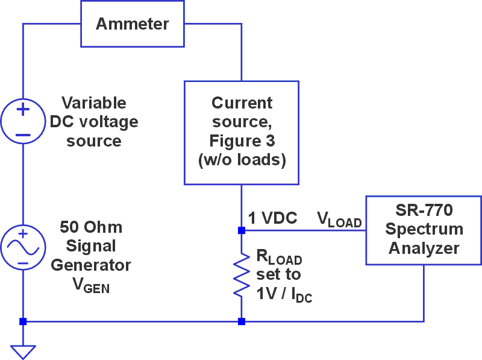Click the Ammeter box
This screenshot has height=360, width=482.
(132, 24)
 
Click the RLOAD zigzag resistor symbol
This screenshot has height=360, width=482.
(242, 274)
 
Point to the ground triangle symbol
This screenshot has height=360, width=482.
(23, 350)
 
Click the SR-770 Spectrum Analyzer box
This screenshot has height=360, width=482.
(424, 230)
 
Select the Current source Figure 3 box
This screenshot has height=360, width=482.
(242, 133)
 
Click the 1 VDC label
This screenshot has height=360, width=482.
(272, 218)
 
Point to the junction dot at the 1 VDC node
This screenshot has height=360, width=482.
(242, 230)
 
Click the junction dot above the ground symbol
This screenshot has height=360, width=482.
(23, 321)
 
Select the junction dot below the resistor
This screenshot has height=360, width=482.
(242, 321)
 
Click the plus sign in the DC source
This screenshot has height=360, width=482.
(23, 110)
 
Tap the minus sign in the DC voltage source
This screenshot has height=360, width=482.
(23, 134)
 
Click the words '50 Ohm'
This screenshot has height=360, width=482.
(91, 227)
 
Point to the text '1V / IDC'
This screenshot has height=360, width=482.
(284, 294)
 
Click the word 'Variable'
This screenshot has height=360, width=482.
(94, 103)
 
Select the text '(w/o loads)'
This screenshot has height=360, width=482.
(242, 161)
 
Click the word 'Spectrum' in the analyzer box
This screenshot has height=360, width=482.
(424, 230)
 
